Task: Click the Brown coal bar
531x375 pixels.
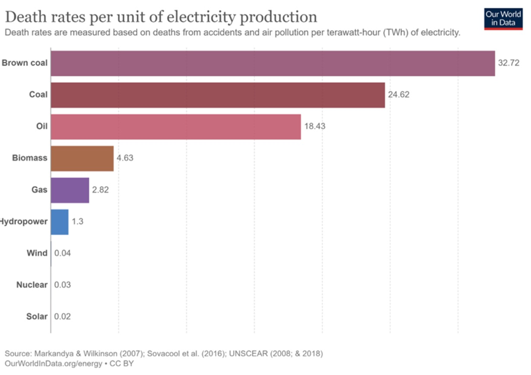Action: pyautogui.click(x=272, y=63)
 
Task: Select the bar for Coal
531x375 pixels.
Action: pyautogui.click(x=218, y=95)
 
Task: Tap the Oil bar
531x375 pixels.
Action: pyautogui.click(x=175, y=126)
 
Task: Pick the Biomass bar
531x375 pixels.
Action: pyautogui.click(x=82, y=158)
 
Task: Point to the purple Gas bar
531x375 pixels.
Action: pyautogui.click(x=70, y=190)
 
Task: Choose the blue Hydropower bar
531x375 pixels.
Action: pyautogui.click(x=59, y=222)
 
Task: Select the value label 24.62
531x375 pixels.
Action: pyautogui.click(x=398, y=95)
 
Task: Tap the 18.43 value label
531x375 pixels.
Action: pyautogui.click(x=314, y=126)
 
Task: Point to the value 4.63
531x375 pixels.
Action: pyautogui.click(x=125, y=158)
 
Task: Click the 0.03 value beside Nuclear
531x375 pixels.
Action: pyautogui.click(x=62, y=285)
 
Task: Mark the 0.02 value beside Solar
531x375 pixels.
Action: pyautogui.click(x=62, y=316)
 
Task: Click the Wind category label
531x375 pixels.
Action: pyautogui.click(x=37, y=253)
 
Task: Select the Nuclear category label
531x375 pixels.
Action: pyautogui.click(x=32, y=285)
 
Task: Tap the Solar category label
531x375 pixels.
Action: pyautogui.click(x=36, y=316)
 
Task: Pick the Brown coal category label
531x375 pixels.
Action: pyautogui.click(x=25, y=63)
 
